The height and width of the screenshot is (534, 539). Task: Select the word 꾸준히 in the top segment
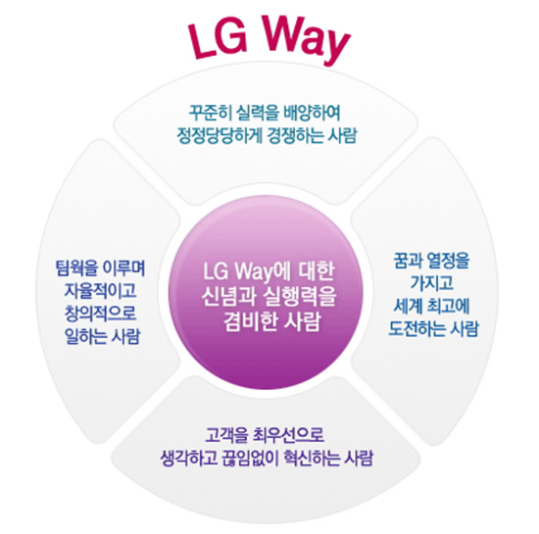(207, 112)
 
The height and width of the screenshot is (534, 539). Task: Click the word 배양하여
(312, 112)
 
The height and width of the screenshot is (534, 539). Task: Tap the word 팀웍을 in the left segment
(76, 268)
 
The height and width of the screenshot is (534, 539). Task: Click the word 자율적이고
(100, 290)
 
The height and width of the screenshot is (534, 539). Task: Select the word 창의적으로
(100, 313)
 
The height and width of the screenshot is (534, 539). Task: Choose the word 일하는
(85, 336)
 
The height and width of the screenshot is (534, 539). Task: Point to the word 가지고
(432, 283)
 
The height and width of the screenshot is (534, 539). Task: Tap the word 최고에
(448, 306)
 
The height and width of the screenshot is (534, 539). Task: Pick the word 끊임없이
(249, 458)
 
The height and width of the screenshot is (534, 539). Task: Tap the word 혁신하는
(312, 458)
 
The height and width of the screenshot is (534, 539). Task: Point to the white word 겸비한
(251, 321)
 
